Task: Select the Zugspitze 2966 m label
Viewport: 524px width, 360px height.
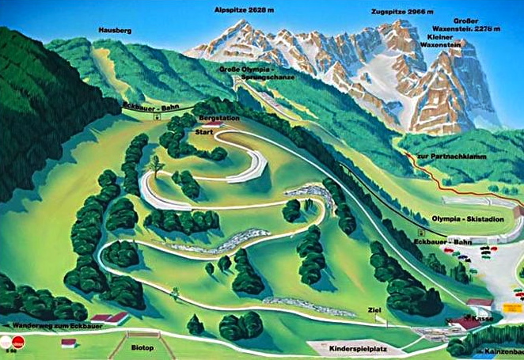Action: click(x=400, y=13)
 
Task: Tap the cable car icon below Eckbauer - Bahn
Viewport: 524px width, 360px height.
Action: click(x=157, y=116)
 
